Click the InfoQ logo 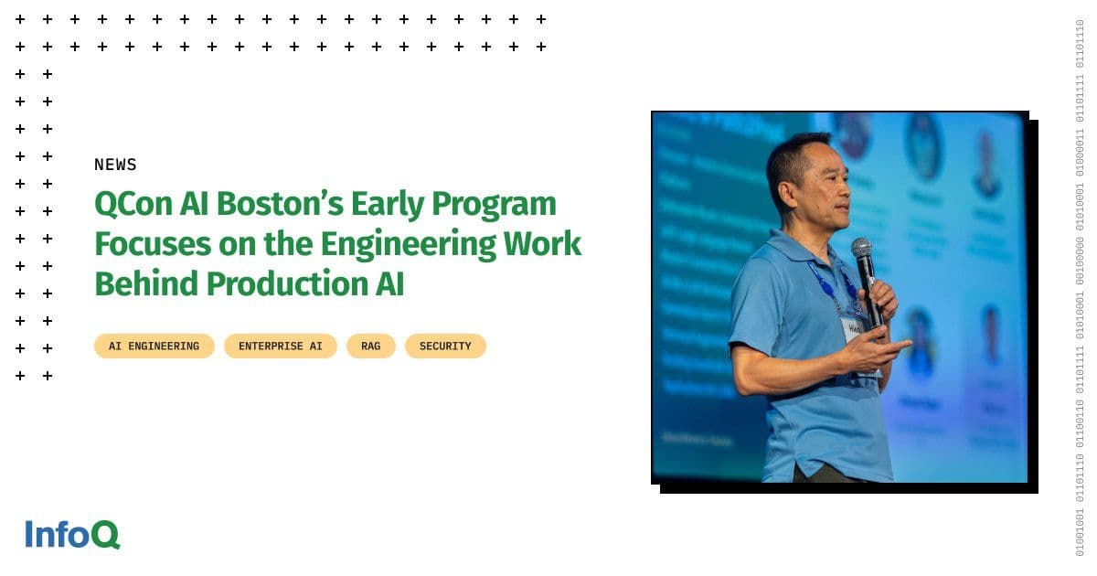point(72,534)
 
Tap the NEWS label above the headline point(115,165)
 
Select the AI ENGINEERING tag point(154,347)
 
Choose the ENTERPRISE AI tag point(281,347)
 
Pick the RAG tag point(370,347)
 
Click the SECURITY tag point(445,347)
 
